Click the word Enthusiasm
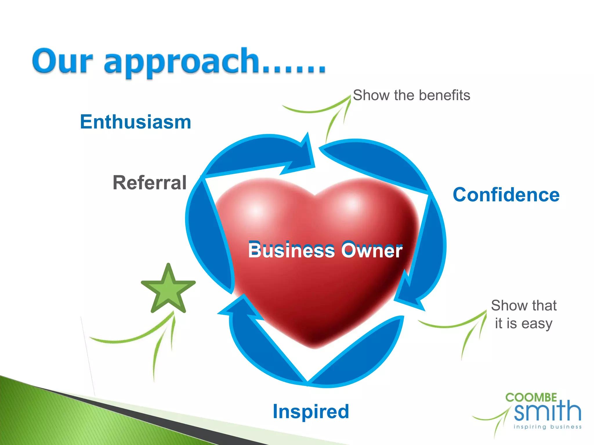point(135,122)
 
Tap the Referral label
point(149,183)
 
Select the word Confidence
point(506,195)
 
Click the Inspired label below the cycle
point(311,411)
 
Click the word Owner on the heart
point(372,250)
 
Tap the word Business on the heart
point(291,250)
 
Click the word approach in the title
point(181,62)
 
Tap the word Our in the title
point(62,61)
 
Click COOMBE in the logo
point(531,397)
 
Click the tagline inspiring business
point(548,427)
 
